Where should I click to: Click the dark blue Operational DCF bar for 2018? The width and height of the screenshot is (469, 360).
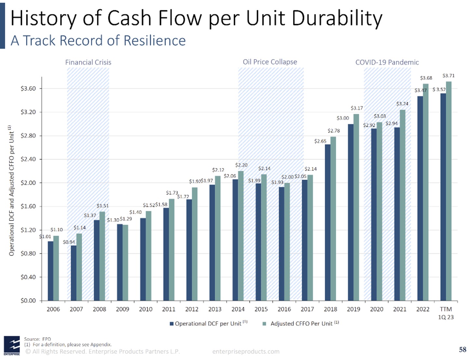point(328,223)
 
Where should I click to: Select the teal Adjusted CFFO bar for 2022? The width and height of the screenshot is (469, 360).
point(426,192)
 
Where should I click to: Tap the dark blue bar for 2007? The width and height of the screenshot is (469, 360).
point(74,273)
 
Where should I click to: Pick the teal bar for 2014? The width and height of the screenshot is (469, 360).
point(241,236)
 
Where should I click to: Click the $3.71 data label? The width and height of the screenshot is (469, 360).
point(449,76)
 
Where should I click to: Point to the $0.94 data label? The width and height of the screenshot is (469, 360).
point(69,242)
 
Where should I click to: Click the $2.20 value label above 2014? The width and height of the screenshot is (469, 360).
point(241,165)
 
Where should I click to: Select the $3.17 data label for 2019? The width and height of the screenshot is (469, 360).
point(357,108)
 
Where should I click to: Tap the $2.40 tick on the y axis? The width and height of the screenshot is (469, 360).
point(28,159)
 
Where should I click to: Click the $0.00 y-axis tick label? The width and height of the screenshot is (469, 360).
point(28,301)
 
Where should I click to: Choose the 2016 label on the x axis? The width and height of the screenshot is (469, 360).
point(284,309)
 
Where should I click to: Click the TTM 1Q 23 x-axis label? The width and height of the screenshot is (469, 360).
point(446,313)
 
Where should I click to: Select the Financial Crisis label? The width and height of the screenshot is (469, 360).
point(88,62)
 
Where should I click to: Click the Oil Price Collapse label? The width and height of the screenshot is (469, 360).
point(270,62)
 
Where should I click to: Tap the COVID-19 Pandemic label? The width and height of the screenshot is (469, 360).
point(387,62)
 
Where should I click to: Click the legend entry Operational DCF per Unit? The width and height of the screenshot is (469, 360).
point(208,324)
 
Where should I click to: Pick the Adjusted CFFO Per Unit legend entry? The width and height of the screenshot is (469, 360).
point(301,324)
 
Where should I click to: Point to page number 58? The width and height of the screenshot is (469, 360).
point(462,350)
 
